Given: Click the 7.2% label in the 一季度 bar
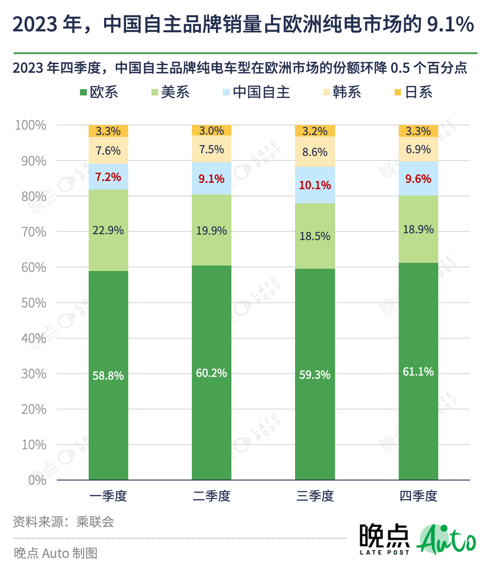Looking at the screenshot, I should coord(108,177).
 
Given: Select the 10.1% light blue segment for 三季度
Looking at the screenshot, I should coord(315,185).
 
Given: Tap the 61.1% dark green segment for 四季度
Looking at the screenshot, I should coord(418,371).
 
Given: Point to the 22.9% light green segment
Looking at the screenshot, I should coord(108,230).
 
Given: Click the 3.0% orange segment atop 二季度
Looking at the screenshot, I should coord(211,130).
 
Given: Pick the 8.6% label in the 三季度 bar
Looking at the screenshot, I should coord(315,152).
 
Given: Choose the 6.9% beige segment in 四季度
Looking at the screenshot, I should coord(418,149).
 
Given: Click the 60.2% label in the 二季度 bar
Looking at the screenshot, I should coord(211,373).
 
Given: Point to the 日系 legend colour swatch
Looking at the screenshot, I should coord(398,92).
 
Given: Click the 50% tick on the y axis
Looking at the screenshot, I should coord(34,303).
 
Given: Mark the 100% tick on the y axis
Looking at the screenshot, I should coord(31,125).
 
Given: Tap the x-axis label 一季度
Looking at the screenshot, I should coord(108,496).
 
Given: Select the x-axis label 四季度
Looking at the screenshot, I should coord(418,496).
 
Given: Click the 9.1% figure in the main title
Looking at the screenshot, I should coord(450,24).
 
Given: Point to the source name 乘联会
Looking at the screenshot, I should coord(95,522).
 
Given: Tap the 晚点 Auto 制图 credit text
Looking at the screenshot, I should coord(55,553).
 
